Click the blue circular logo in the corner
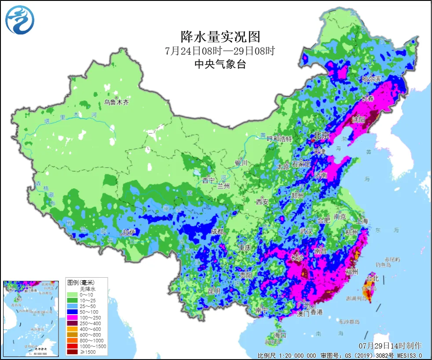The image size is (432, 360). tap(20, 20)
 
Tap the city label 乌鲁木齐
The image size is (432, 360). tap(117, 103)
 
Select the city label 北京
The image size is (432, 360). tap(321, 136)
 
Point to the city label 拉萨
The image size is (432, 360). tap(128, 231)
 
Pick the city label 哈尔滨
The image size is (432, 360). tap(371, 78)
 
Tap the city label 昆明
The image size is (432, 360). tap(213, 291)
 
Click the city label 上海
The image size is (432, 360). tap(362, 221)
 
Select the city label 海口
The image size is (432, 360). tap(280, 335)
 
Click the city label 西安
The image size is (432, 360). tap(262, 202)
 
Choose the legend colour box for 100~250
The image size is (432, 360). tap(73, 318)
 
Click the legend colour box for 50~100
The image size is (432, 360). tap(73, 312)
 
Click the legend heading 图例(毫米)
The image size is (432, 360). tap(81, 282)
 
